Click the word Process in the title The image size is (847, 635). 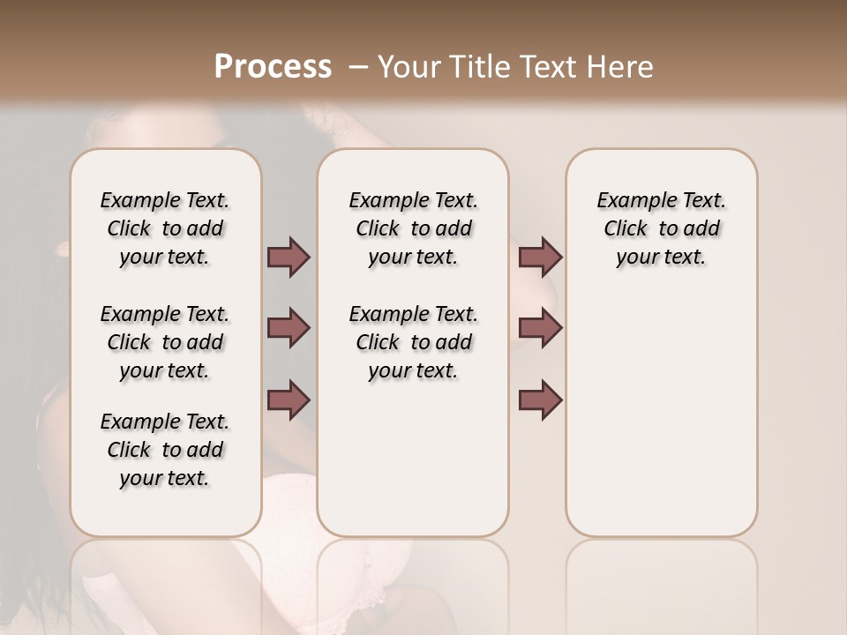[273, 67]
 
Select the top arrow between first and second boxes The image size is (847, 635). [289, 257]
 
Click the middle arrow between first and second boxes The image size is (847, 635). [289, 328]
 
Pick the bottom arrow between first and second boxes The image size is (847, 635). [289, 400]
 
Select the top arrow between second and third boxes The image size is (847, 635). [540, 257]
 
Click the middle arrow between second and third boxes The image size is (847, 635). [540, 328]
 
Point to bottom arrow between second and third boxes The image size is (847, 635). [540, 400]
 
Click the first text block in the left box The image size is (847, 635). [165, 228]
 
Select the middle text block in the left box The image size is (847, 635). [165, 342]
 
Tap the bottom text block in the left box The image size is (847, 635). [165, 450]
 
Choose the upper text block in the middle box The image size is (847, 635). [413, 228]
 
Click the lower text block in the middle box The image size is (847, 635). [413, 342]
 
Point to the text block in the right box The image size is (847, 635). [661, 228]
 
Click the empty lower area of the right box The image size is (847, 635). [661, 415]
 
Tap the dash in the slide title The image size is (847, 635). [356, 67]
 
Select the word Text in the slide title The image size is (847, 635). [543, 67]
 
